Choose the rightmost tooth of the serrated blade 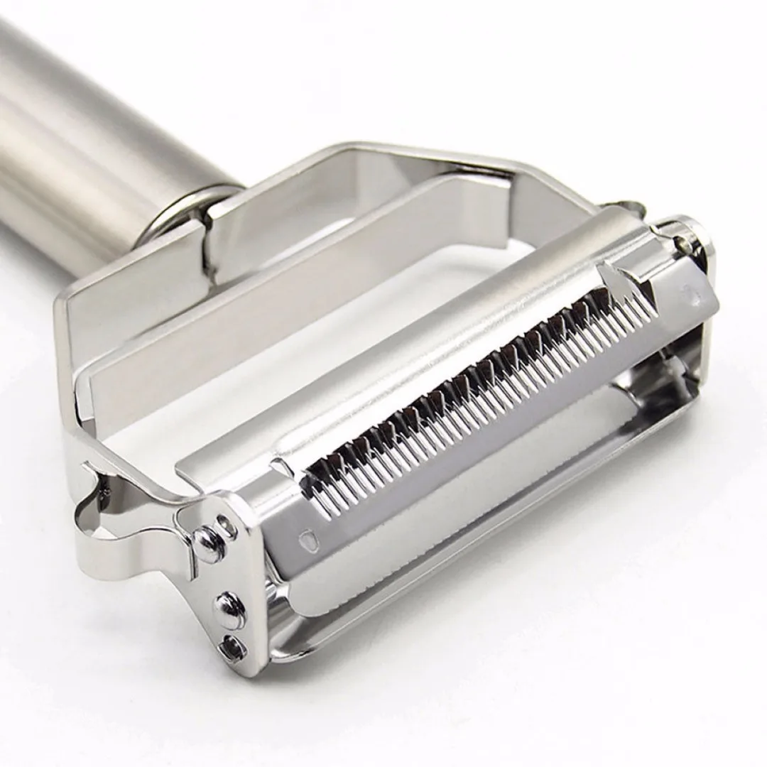tap(650, 302)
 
